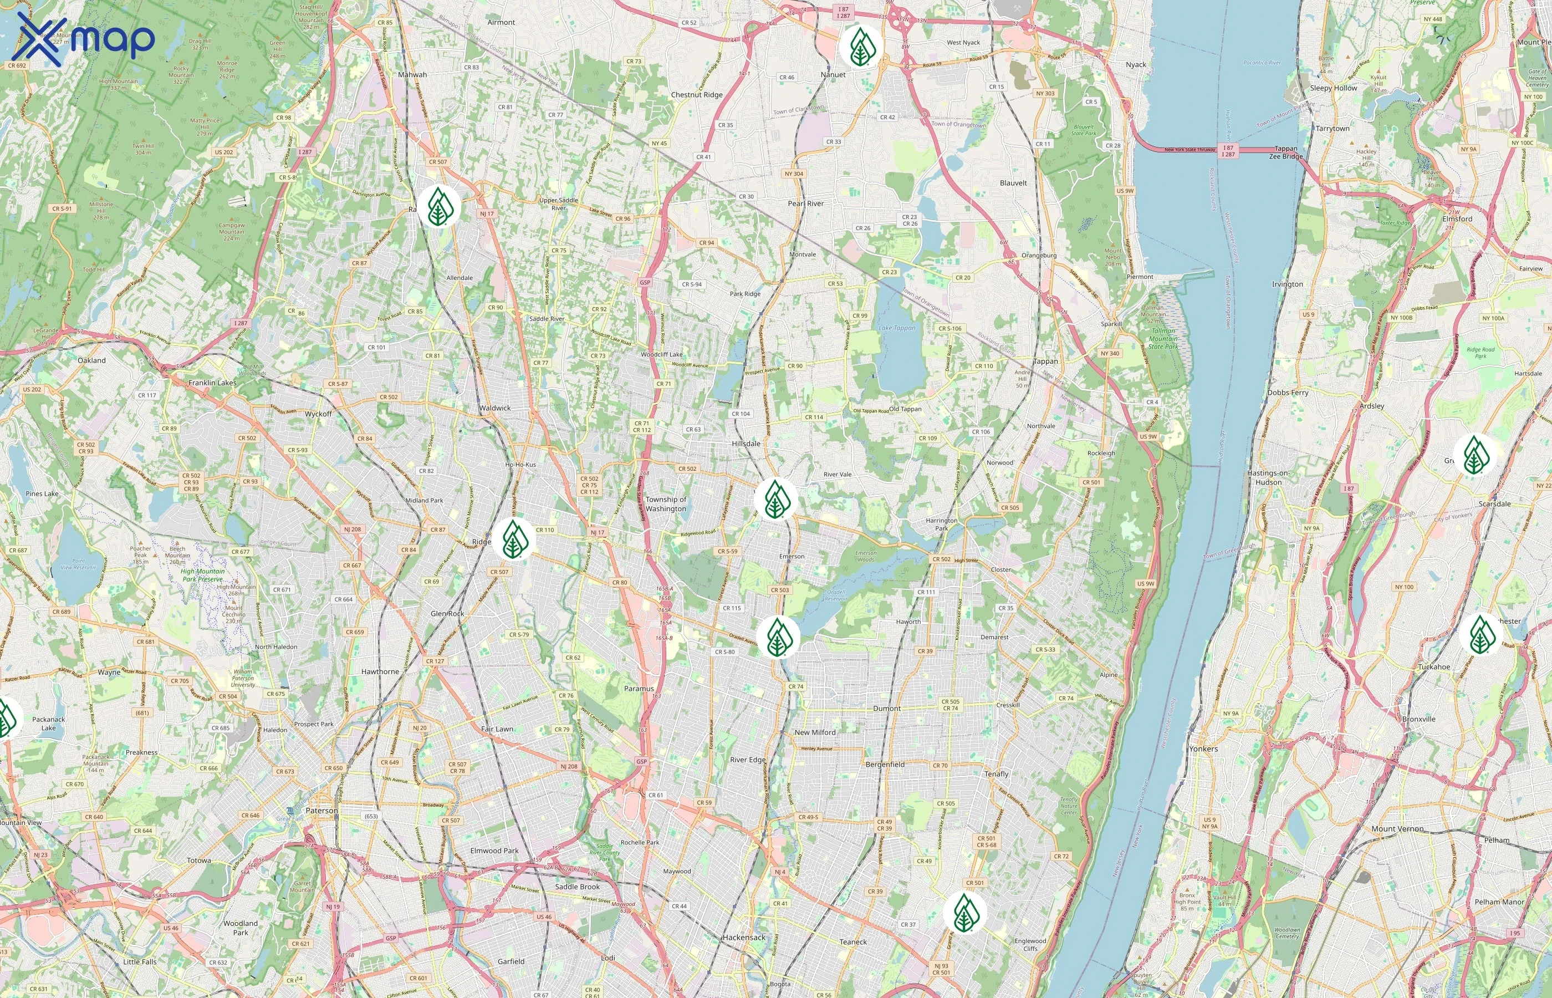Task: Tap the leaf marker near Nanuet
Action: pyautogui.click(x=860, y=47)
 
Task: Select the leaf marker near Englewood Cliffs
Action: pyautogui.click(x=964, y=912)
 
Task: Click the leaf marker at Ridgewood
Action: pyautogui.click(x=513, y=539)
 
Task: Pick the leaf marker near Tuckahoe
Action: pyautogui.click(x=1480, y=634)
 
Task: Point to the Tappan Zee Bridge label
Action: pyautogui.click(x=1286, y=152)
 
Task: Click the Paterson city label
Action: pyautogui.click(x=321, y=811)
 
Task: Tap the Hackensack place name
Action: pyautogui.click(x=744, y=937)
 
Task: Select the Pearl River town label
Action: pyautogui.click(x=806, y=203)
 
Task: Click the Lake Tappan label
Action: pyautogui.click(x=897, y=328)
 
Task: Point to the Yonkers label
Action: pyautogui.click(x=1203, y=748)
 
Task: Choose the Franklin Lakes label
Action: pyautogui.click(x=212, y=383)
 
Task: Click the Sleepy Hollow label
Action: pyautogui.click(x=1333, y=88)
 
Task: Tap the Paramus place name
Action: pyautogui.click(x=639, y=689)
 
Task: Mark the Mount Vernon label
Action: pyautogui.click(x=1397, y=829)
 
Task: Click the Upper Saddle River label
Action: pyautogui.click(x=558, y=204)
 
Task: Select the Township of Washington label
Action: pyautogui.click(x=665, y=504)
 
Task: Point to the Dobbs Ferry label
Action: pyautogui.click(x=1288, y=393)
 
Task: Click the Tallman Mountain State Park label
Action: pyautogui.click(x=1163, y=338)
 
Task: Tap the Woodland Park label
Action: pyautogui.click(x=241, y=928)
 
